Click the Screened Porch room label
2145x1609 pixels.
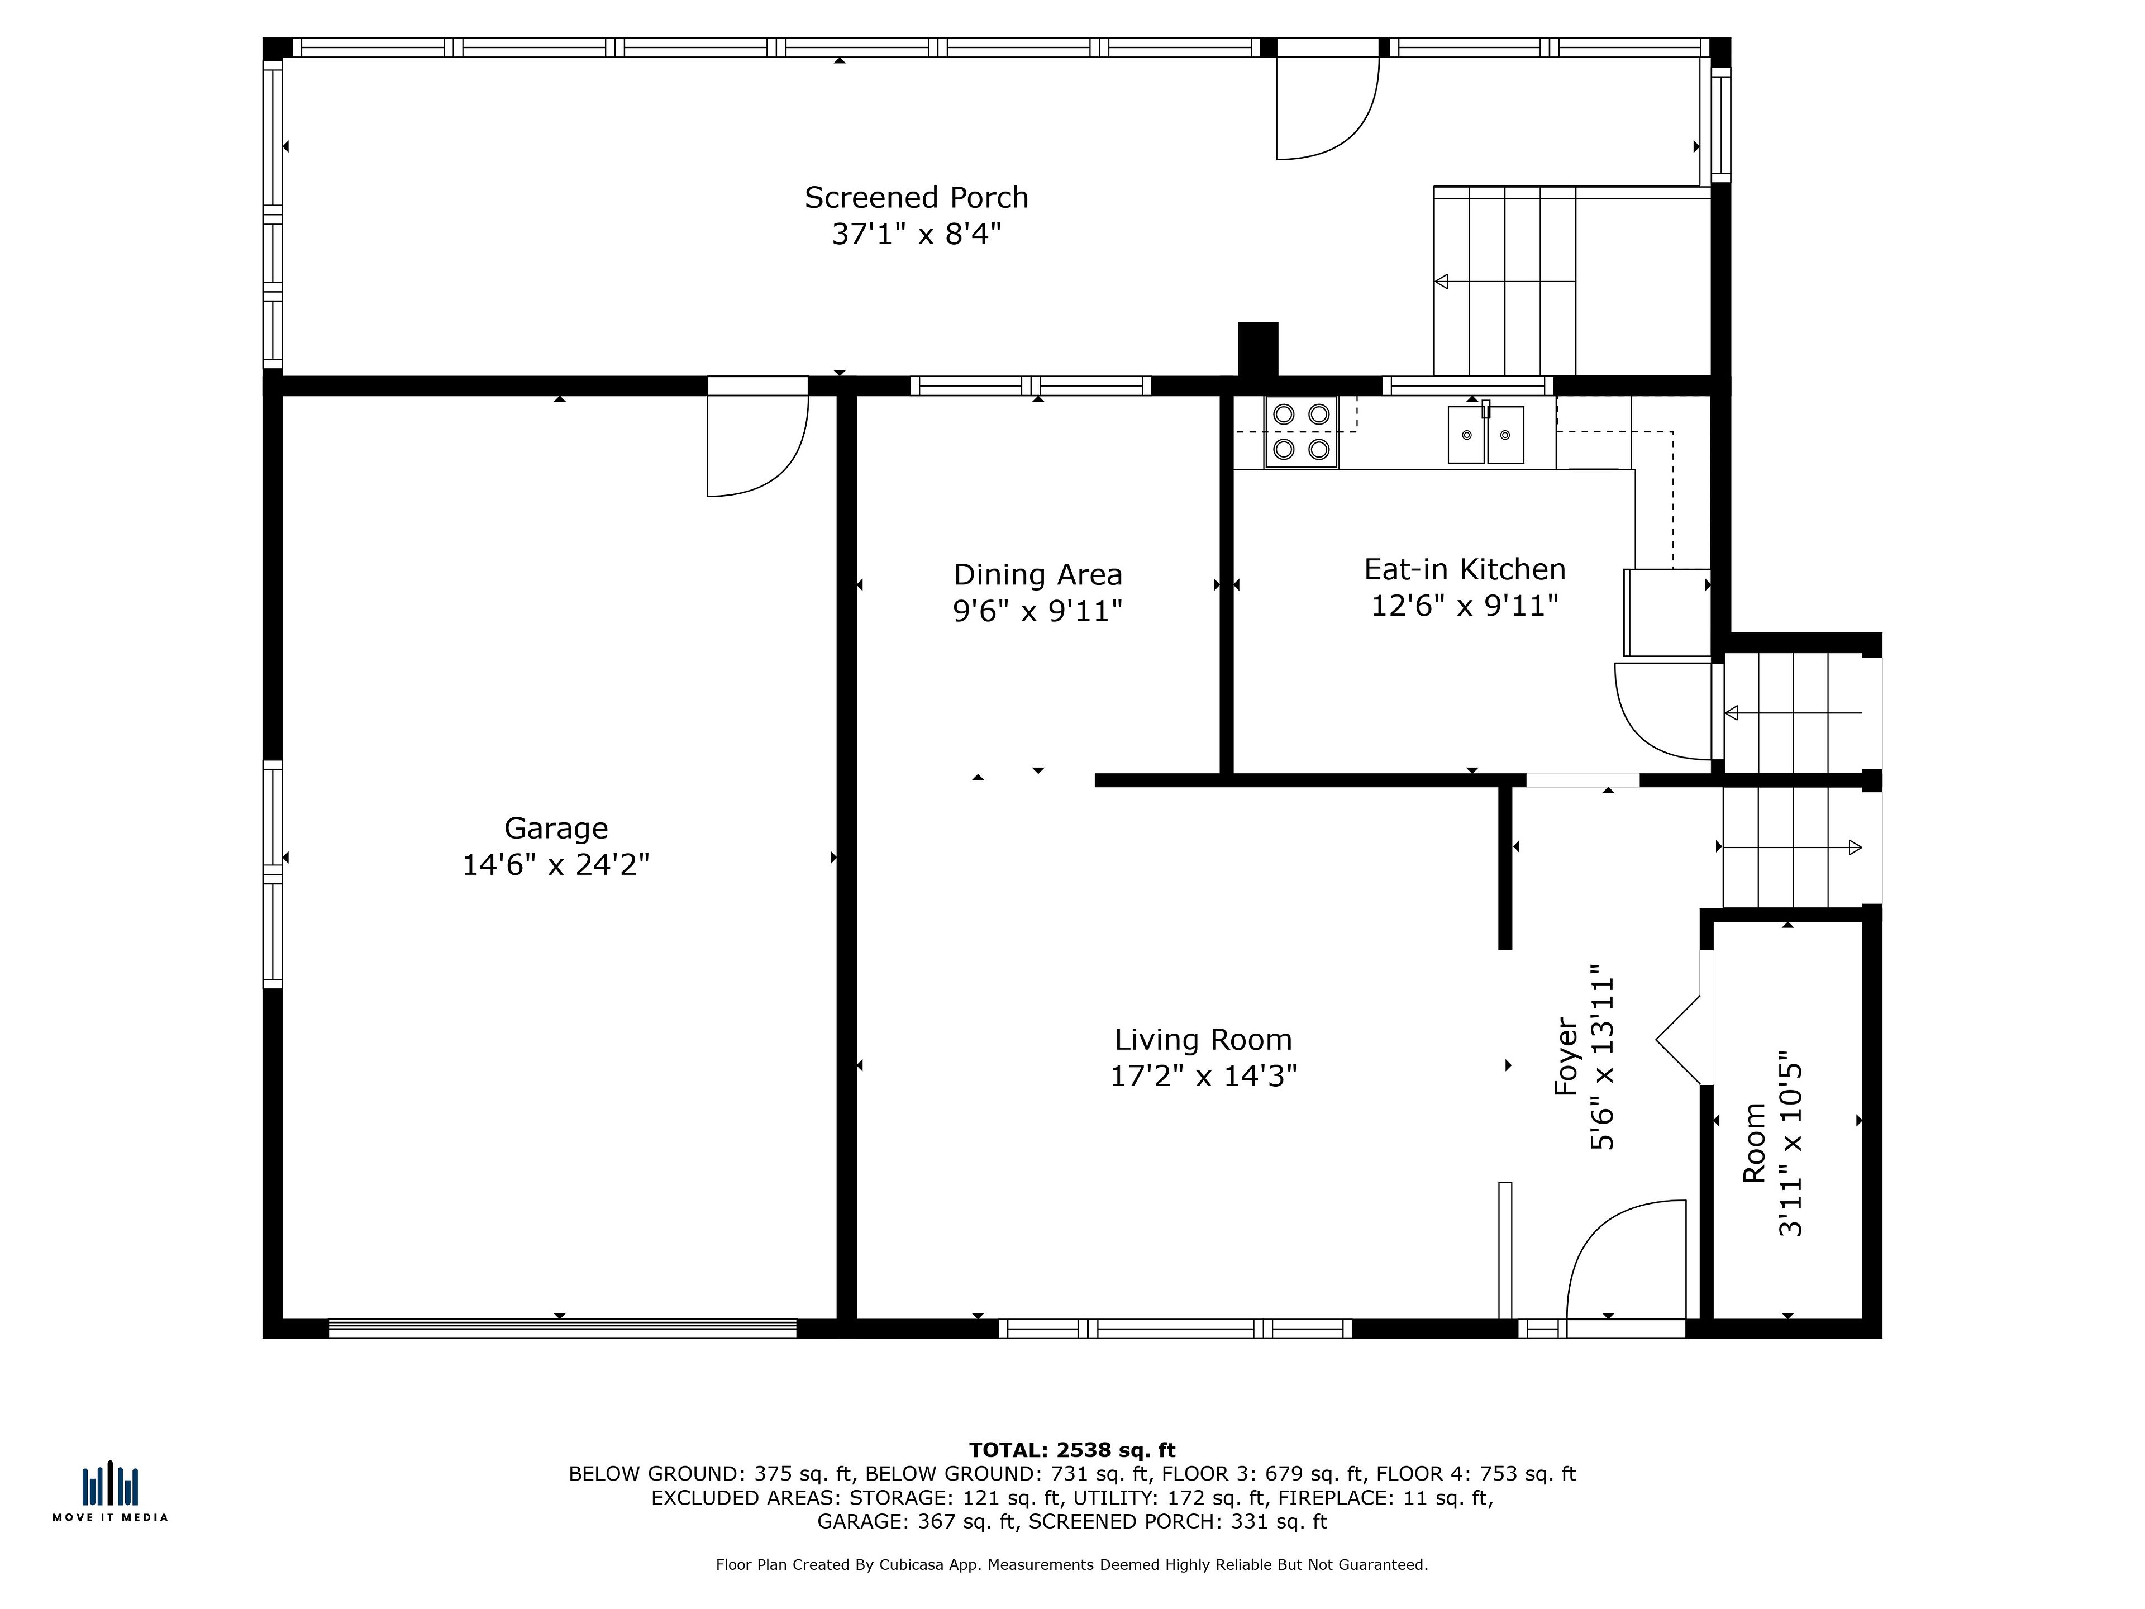click(916, 198)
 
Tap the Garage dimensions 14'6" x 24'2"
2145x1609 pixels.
click(556, 864)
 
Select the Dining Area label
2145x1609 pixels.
click(1038, 575)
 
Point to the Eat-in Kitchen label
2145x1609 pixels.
click(1464, 569)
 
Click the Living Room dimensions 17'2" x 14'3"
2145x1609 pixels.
click(1203, 1075)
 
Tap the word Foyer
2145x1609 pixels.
click(1567, 1056)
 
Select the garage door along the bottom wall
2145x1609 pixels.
click(563, 1329)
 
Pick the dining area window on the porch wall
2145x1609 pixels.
click(1031, 386)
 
